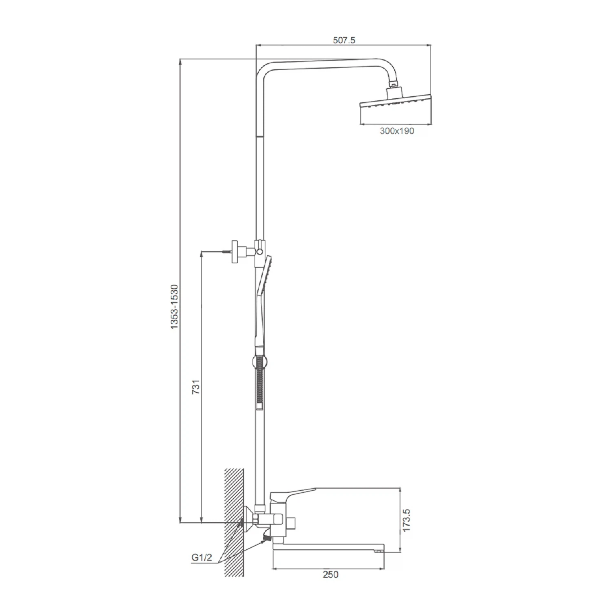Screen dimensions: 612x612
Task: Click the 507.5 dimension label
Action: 344,40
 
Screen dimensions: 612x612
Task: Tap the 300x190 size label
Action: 397,131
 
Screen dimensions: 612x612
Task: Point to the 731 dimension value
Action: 196,387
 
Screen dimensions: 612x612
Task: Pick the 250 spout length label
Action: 330,574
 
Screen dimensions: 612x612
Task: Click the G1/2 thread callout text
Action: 202,558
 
